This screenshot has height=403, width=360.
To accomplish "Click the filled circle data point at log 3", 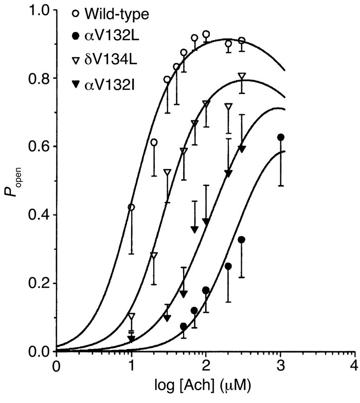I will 281,137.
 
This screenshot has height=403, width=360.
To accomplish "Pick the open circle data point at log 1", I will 131,207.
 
